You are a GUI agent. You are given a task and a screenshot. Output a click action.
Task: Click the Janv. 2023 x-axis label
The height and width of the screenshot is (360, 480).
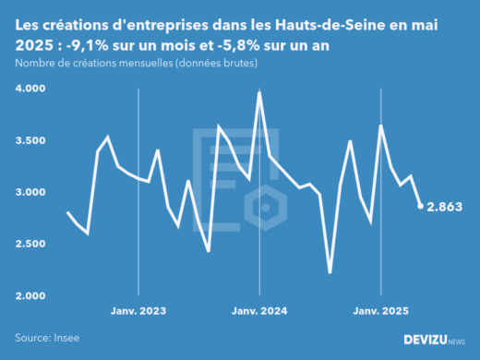[x=138, y=311]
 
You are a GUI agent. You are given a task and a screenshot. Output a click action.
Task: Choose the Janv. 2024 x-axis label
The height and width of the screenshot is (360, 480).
[x=258, y=311]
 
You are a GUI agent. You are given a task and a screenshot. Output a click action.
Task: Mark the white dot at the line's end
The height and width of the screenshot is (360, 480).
[x=421, y=206]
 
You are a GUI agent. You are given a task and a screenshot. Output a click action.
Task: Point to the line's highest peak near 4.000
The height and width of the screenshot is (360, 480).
[x=259, y=92]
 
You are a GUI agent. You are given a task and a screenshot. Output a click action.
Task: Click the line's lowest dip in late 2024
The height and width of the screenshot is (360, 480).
[x=330, y=272]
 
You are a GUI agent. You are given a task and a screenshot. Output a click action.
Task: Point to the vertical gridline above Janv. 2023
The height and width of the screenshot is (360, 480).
[x=138, y=185]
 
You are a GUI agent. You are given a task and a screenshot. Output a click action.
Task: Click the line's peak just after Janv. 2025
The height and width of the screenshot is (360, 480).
[x=380, y=126]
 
